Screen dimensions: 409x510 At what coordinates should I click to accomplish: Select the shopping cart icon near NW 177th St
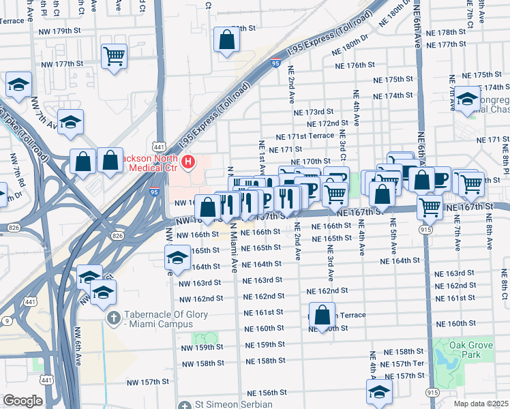[114, 56]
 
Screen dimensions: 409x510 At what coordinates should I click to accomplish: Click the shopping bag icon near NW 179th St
[226, 40]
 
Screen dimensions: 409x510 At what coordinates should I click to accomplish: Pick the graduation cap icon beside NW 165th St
[177, 258]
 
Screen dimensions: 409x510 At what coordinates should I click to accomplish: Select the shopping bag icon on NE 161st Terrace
[323, 315]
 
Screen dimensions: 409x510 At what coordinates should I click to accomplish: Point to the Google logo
[22, 400]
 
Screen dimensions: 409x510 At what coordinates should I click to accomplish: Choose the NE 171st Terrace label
[304, 136]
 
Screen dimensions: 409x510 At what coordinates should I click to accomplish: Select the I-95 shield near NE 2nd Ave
[275, 63]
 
